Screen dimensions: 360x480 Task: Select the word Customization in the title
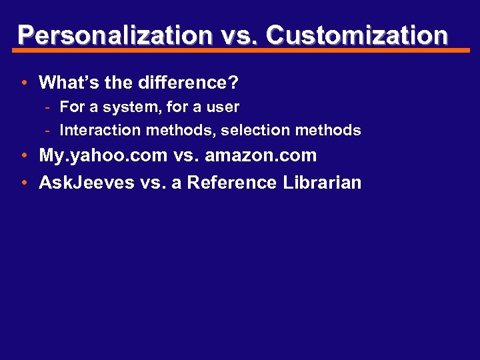[357, 35]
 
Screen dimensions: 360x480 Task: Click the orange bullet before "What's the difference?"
[24, 83]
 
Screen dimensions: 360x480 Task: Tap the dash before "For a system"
[50, 107]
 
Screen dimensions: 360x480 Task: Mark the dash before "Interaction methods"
[50, 131]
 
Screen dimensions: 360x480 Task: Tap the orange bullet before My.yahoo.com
[24, 157]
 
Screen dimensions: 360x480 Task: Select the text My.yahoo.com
[103, 156]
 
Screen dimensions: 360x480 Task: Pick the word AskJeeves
[87, 183]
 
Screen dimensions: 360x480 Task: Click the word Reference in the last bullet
[231, 183]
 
